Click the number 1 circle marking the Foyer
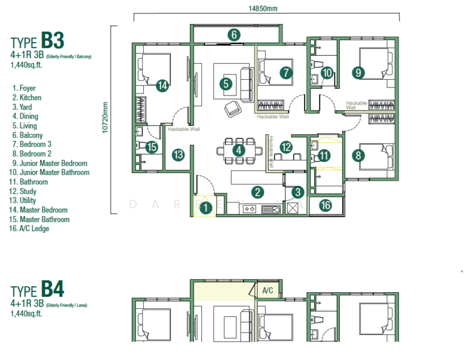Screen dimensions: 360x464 click(x=206, y=208)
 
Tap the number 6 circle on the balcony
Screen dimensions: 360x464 click(x=234, y=35)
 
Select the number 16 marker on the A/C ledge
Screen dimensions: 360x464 click(x=326, y=206)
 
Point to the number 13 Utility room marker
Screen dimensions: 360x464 click(x=178, y=155)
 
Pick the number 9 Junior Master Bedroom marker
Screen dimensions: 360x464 click(x=358, y=73)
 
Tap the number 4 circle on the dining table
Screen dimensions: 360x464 click(x=239, y=150)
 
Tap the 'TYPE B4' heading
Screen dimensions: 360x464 click(x=37, y=290)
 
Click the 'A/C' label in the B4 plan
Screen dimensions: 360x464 click(x=267, y=291)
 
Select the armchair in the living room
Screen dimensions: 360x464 click(x=232, y=109)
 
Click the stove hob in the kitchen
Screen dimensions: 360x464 click(x=250, y=209)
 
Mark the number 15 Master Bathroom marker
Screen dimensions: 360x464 click(x=152, y=147)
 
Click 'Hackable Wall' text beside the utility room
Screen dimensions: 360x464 click(x=183, y=129)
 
